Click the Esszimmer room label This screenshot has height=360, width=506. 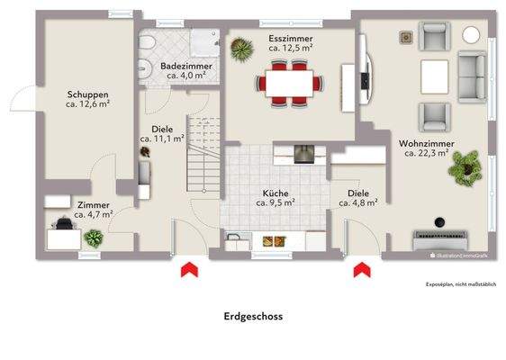click(x=290, y=39)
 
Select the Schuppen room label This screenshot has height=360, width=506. click(x=88, y=94)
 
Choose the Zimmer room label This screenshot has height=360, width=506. click(x=93, y=205)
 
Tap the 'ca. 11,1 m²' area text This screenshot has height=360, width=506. click(x=162, y=139)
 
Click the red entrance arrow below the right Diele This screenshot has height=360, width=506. click(x=362, y=269)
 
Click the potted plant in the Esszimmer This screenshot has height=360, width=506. click(x=240, y=50)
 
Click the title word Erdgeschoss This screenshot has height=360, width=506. click(x=253, y=317)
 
